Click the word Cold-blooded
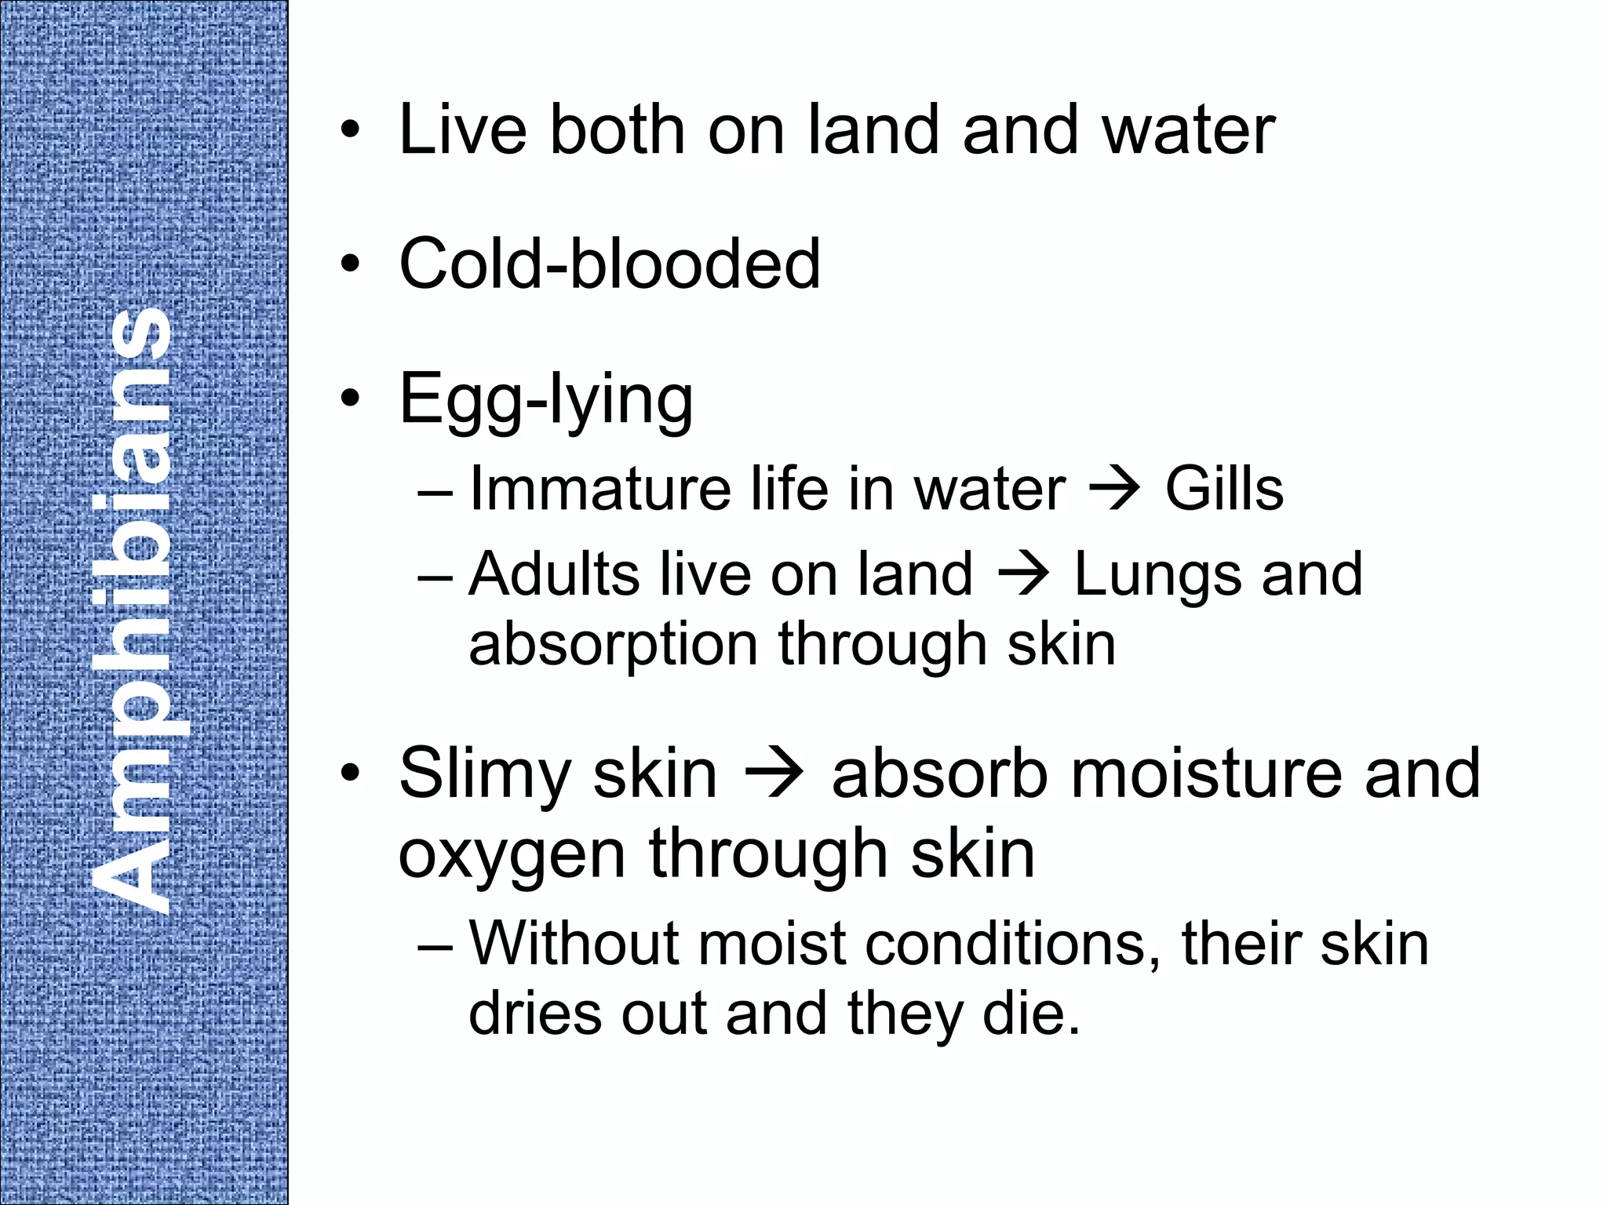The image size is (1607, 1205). [609, 264]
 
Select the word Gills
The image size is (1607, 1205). [1223, 489]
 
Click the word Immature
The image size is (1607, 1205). [599, 489]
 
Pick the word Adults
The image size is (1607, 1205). [554, 574]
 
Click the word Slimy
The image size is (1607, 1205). [485, 774]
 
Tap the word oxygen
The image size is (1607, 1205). [512, 855]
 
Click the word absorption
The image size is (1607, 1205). [613, 646]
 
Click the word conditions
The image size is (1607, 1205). [1013, 945]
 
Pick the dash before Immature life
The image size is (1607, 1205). [435, 493]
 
